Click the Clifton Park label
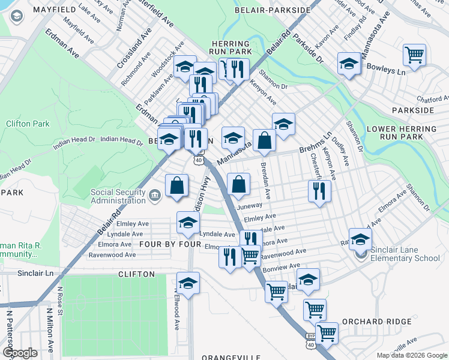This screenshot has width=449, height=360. (28, 124)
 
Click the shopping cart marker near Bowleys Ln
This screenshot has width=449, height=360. (414, 56)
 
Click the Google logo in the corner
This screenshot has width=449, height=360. (20, 352)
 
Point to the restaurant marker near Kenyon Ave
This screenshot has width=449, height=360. (319, 191)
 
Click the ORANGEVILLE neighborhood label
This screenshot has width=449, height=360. (231, 357)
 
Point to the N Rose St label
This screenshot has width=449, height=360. (60, 298)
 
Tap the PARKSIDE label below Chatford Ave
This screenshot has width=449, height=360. (412, 110)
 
